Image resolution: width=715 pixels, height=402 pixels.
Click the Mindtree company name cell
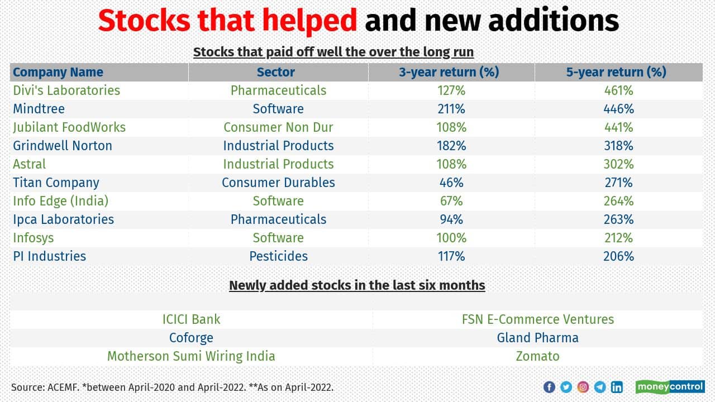pyautogui.click(x=39, y=109)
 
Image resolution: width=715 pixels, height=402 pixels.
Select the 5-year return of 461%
pyautogui.click(x=618, y=90)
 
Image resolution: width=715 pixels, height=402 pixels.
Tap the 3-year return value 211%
pyautogui.click(x=451, y=109)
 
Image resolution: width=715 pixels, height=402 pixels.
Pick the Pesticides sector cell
pyautogui.click(x=278, y=256)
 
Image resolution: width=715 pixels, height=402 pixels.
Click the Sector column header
pyautogui.click(x=275, y=72)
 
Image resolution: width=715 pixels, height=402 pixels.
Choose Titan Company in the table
pyautogui.click(x=56, y=183)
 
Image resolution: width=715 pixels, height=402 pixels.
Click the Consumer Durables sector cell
pyautogui.click(x=278, y=183)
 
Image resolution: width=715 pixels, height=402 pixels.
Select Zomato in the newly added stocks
pyautogui.click(x=537, y=356)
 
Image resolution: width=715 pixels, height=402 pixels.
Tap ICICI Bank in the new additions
pyautogui.click(x=191, y=319)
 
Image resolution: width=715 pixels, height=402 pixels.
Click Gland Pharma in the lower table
pyautogui.click(x=537, y=338)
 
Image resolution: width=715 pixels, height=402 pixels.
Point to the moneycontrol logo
pyautogui.click(x=670, y=386)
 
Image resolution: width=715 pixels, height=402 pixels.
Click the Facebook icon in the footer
pyautogui.click(x=549, y=387)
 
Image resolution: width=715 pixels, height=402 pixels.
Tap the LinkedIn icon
pyautogui.click(x=617, y=387)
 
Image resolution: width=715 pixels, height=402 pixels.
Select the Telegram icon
pyautogui.click(x=600, y=387)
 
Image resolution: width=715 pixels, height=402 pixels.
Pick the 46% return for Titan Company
pyautogui.click(x=451, y=183)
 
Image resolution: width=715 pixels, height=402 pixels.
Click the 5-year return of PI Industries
pyautogui.click(x=618, y=256)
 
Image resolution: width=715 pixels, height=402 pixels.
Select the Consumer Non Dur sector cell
pyautogui.click(x=278, y=127)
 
